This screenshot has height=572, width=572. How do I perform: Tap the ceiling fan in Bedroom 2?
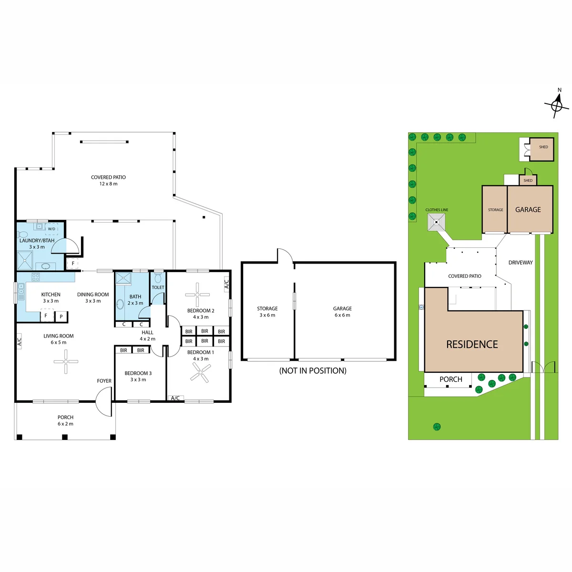point(197,295)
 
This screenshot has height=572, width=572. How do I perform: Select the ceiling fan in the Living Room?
point(66,361)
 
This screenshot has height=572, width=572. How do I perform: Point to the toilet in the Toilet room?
point(158,277)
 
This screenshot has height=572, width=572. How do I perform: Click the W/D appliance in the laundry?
point(51,229)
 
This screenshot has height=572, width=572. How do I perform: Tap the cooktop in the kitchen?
point(36,277)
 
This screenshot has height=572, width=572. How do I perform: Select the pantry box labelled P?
point(61,317)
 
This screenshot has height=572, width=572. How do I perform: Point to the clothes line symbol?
point(436,222)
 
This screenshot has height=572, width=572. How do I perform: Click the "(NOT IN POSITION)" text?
point(313,371)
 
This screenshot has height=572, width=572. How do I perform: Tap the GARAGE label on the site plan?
point(528,210)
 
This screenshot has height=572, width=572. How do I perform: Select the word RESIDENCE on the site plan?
point(472,344)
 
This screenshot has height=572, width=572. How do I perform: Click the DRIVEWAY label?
point(521,262)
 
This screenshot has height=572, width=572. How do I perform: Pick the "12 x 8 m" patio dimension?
point(108,184)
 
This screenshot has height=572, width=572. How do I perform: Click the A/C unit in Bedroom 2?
point(226,284)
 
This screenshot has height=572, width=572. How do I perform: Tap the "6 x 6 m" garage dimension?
point(342,315)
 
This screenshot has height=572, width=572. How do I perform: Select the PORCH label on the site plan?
point(450,379)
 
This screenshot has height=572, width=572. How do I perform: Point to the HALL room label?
point(147,332)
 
